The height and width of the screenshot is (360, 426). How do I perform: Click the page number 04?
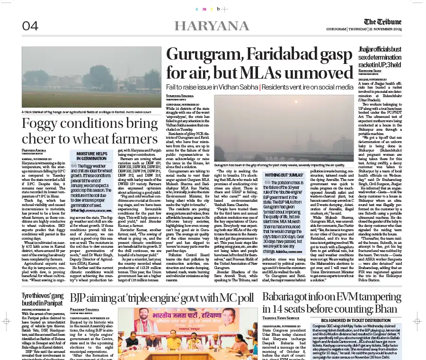(x=30, y=26)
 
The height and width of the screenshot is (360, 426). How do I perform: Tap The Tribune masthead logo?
(x=382, y=22)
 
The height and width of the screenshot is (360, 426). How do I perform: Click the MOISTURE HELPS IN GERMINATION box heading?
(x=92, y=156)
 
